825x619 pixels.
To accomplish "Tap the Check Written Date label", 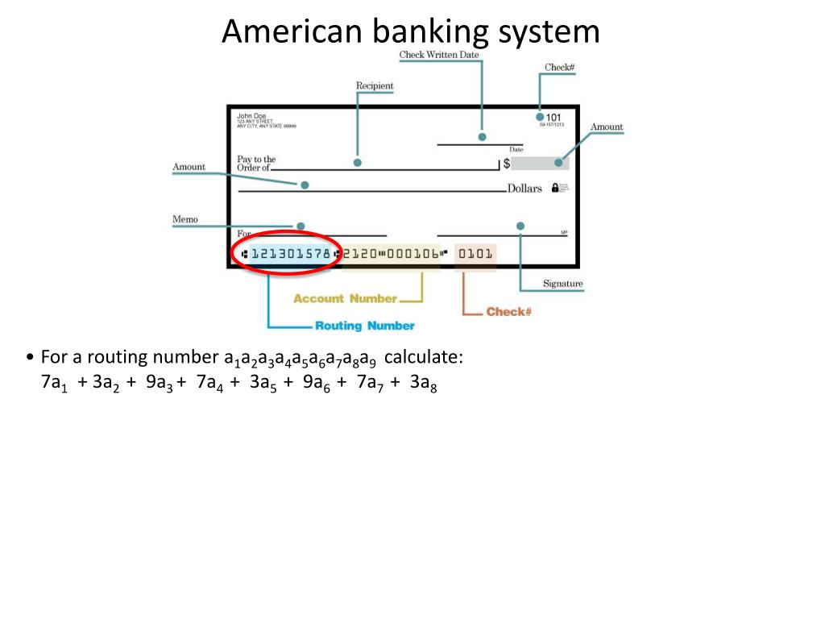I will click(x=439, y=55).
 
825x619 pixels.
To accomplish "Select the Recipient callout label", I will click(x=375, y=85).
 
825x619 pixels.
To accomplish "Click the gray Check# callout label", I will click(x=559, y=67).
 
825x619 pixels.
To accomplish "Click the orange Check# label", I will click(x=508, y=311).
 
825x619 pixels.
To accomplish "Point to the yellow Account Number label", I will click(x=345, y=298).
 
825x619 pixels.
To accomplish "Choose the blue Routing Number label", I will click(x=364, y=326).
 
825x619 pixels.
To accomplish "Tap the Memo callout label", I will click(x=184, y=219).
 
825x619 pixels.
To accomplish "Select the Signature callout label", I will click(x=562, y=284).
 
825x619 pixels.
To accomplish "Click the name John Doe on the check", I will click(x=251, y=116).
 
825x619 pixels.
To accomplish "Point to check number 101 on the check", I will click(x=553, y=117).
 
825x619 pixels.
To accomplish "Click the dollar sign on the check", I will click(x=506, y=164).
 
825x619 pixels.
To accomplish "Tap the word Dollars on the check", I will click(x=524, y=189).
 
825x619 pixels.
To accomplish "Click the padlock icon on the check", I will click(x=554, y=188).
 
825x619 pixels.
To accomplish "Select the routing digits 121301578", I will click(x=290, y=254).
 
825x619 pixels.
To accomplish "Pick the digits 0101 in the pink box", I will click(x=475, y=254).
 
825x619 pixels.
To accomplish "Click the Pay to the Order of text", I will click(x=255, y=164).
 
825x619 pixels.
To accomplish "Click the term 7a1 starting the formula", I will click(x=54, y=383).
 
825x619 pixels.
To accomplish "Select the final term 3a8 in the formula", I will click(x=423, y=383).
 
